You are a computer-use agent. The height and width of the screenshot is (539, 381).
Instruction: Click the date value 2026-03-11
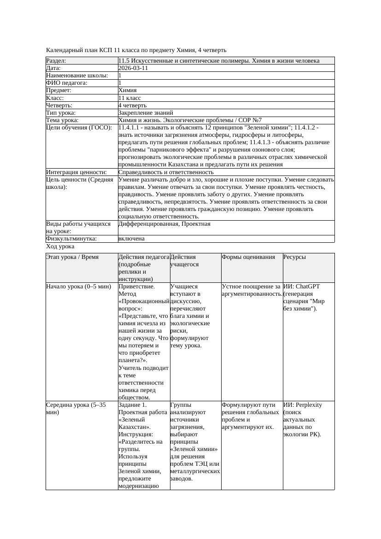[133, 68]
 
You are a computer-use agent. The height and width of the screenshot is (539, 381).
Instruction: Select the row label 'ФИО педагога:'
[67, 83]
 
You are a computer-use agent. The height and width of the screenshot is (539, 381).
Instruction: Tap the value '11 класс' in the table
[129, 98]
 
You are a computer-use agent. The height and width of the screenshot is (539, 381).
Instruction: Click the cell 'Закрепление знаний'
[146, 113]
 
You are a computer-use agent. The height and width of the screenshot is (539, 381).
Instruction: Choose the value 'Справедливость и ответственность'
[166, 172]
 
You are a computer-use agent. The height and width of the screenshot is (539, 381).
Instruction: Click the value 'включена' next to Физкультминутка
[131, 239]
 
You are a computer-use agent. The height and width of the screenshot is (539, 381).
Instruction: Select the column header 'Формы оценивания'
[248, 257]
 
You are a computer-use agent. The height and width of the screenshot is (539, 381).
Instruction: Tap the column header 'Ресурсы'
[294, 257]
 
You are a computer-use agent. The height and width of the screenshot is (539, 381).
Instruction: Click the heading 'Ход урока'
[60, 247]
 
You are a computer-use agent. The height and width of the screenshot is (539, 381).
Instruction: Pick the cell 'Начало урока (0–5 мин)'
[79, 287]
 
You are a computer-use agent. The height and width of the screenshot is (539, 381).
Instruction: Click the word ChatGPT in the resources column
[308, 287]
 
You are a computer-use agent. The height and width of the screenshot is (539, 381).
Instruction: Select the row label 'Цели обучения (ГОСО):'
[79, 128]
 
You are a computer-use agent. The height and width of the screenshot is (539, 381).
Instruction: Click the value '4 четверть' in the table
[132, 105]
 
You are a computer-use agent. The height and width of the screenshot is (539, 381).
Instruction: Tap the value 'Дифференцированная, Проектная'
[164, 224]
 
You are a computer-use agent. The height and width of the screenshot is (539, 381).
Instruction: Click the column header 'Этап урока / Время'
[72, 257]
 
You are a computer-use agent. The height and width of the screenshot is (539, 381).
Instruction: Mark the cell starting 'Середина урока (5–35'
[76, 405]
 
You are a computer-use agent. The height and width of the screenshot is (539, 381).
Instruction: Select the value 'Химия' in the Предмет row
[128, 90]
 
